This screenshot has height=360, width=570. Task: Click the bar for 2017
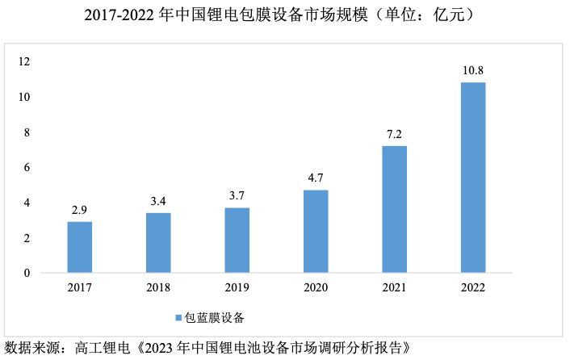click(x=80, y=247)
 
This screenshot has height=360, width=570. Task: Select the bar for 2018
click(x=158, y=243)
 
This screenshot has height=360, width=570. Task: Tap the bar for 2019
click(x=237, y=241)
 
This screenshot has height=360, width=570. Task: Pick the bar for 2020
click(x=316, y=232)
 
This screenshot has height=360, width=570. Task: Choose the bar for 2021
click(x=395, y=210)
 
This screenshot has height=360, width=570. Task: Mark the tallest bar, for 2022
click(x=473, y=178)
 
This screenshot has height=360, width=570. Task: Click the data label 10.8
click(x=473, y=70)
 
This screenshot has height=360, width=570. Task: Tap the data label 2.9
click(x=80, y=210)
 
